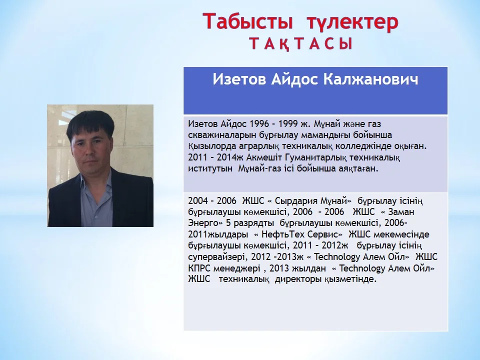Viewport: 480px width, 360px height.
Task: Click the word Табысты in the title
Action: [247, 22]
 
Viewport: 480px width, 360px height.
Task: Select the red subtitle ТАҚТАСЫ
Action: [300, 44]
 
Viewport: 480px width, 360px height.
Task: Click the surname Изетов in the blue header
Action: [239, 79]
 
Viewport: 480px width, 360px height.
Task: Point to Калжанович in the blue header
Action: [370, 79]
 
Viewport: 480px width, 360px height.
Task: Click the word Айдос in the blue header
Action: [294, 79]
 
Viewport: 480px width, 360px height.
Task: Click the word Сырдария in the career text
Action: [296, 201]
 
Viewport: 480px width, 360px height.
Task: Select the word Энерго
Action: [204, 223]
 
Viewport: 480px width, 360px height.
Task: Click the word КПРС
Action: [199, 268]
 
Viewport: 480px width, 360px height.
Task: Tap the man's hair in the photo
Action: [90, 122]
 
